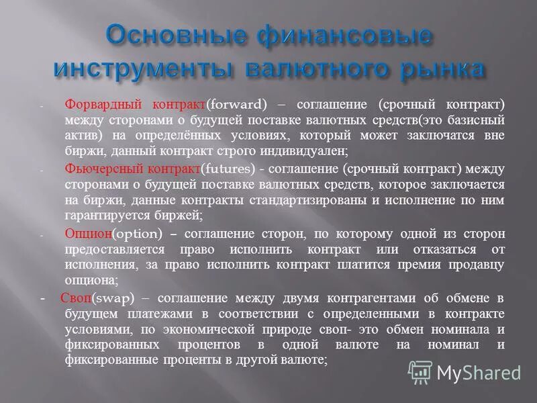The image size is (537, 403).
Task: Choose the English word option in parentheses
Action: point(138,233)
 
